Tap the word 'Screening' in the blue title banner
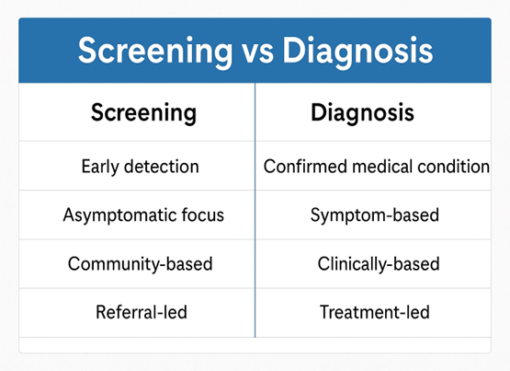click(x=155, y=52)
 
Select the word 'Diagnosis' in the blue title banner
click(x=357, y=52)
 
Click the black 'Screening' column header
click(x=143, y=113)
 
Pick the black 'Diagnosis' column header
click(x=362, y=113)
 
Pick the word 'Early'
click(x=100, y=167)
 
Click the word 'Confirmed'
click(x=306, y=167)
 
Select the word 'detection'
click(x=162, y=167)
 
